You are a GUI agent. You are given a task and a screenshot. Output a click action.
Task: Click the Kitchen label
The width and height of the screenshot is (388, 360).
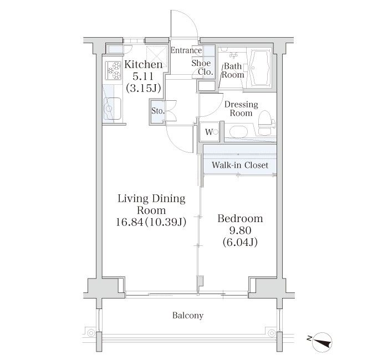144,65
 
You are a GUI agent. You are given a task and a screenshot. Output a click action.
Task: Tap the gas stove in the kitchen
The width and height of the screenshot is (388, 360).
114,70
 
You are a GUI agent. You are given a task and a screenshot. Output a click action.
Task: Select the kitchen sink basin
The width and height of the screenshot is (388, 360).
113,109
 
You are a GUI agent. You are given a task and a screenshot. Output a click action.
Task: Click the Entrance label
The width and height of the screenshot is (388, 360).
186,50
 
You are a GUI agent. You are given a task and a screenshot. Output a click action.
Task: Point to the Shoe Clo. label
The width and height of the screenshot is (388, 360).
202,68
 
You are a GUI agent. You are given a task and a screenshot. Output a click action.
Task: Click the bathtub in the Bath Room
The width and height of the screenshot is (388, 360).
259,68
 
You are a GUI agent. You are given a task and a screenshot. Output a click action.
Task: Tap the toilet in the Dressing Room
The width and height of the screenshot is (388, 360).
266,122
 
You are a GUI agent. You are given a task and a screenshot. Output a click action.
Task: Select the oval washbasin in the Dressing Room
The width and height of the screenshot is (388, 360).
238,132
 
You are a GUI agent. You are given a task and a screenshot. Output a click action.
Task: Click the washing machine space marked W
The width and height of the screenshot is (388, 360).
209,132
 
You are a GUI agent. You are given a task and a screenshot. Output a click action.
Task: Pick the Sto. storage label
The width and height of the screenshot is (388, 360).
157,111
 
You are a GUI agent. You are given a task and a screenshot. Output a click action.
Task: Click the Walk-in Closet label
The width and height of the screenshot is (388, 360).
240,165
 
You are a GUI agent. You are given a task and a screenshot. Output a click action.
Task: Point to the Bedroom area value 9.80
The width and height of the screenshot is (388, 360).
240,230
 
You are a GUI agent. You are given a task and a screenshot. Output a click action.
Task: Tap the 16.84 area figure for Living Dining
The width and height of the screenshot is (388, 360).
129,222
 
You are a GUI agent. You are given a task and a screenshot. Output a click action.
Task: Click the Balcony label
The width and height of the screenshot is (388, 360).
188,316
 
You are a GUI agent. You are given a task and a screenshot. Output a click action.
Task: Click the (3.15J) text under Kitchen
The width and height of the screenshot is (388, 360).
144,88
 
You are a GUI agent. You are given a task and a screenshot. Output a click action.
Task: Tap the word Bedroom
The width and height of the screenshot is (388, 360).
240,219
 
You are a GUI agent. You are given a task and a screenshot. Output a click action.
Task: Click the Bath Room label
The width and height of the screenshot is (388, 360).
233,71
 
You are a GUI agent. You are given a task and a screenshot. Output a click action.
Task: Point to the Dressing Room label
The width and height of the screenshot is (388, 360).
241,109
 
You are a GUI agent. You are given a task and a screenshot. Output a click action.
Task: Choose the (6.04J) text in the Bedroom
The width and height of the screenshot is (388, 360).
240,243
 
